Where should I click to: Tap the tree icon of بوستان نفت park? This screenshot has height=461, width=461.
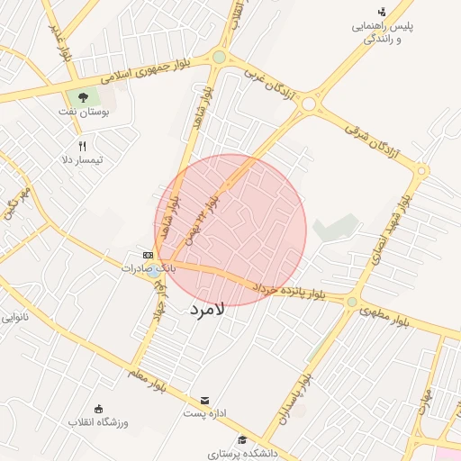pos(84,97)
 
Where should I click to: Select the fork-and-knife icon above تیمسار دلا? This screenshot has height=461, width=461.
pos(82,145)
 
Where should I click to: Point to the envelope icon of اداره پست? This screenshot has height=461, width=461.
pos(204,400)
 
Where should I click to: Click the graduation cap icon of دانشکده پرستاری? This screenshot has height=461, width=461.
pos(242,439)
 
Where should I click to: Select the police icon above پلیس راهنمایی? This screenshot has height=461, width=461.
pos(383,12)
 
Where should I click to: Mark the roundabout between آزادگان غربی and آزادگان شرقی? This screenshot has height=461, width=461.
pos(309,104)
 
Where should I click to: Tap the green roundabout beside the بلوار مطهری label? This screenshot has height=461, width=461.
pos(352,302)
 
